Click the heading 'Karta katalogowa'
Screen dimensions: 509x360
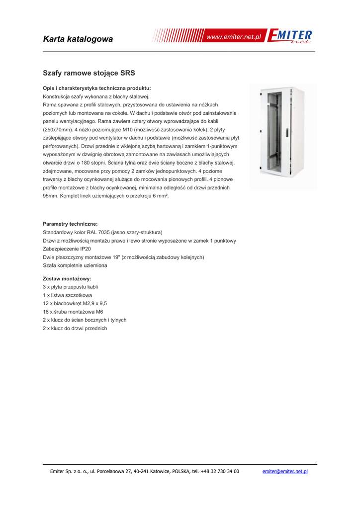pyautogui.click(x=78, y=39)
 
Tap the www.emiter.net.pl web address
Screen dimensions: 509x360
pyautogui.click(x=234, y=37)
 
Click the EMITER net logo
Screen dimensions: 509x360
pyautogui.click(x=290, y=37)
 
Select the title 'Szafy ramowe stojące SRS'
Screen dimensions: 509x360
pyautogui.click(x=89, y=73)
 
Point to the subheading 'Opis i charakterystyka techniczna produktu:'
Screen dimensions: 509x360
pyautogui.click(x=97, y=88)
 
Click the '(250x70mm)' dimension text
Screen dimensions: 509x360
pyautogui.click(x=58, y=129)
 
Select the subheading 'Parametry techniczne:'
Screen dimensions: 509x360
pyautogui.click(x=70, y=224)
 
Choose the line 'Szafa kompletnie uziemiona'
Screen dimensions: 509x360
pyautogui.click(x=75, y=265)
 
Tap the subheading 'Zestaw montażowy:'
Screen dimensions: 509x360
pyautogui.click(x=67, y=279)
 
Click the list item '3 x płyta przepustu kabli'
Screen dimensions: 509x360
pyautogui.click(x=70, y=287)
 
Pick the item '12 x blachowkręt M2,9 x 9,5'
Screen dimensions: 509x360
pyautogui.click(x=75, y=303)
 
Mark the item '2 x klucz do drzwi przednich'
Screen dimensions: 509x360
pyautogui.click(x=75, y=328)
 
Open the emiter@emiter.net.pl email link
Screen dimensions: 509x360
pyautogui.click(x=285, y=471)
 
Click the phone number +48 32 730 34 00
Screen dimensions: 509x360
pyautogui.click(x=219, y=471)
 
